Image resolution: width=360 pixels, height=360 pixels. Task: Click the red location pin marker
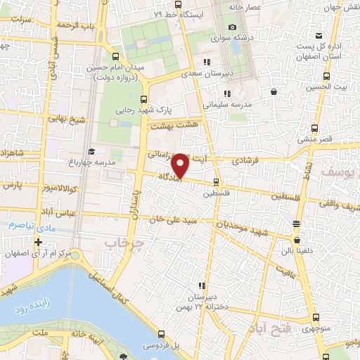(x=181, y=165)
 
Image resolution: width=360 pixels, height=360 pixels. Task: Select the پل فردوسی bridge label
(x=162, y=346)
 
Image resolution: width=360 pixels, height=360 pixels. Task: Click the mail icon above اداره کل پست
(x=319, y=35)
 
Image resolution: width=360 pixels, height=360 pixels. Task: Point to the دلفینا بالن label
(x=297, y=249)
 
